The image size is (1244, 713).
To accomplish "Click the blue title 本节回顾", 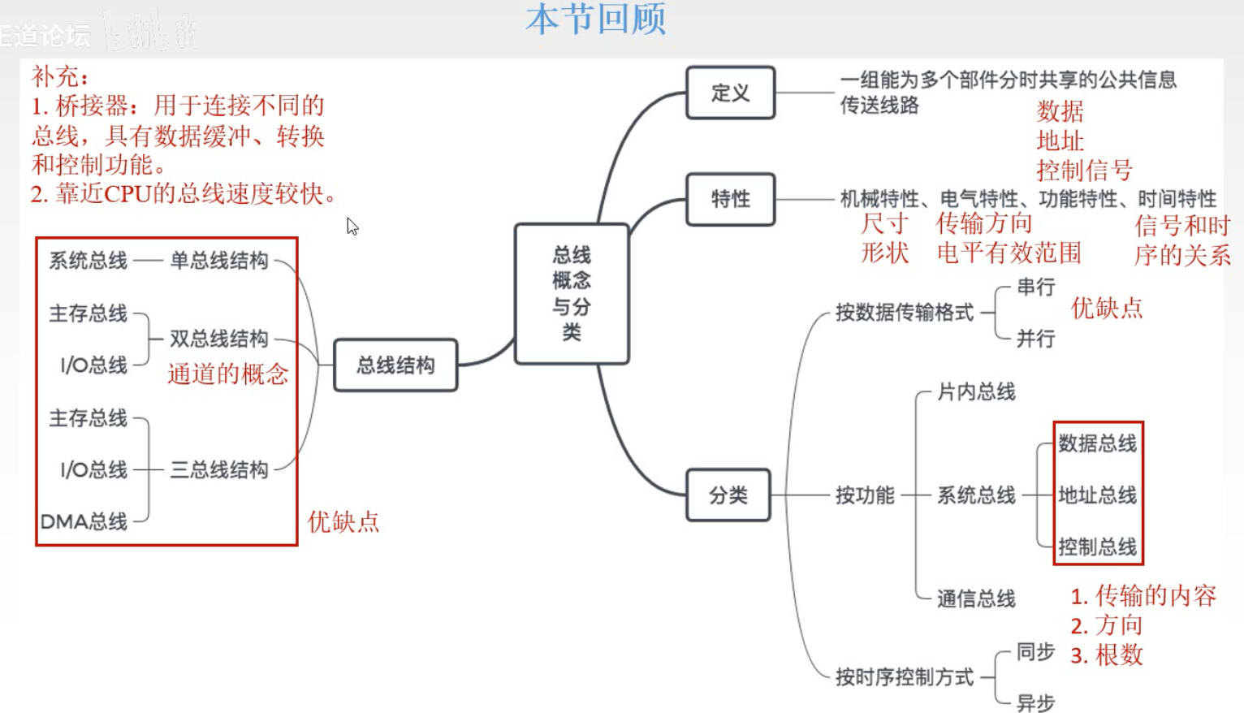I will pos(596,19).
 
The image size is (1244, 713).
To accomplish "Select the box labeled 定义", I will pos(730,93).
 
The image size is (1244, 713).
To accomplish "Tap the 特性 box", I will pos(730,199).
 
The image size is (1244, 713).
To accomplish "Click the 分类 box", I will pos(728,495).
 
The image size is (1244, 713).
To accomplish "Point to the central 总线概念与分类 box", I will pos(572,293).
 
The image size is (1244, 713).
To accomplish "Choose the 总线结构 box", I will pos(395,365).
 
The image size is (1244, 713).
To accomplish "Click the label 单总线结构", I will pos(218,261).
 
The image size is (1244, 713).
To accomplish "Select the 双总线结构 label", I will pos(218,339).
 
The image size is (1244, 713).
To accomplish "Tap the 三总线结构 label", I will pos(218,469).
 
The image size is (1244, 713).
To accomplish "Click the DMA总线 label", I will pos(84,521).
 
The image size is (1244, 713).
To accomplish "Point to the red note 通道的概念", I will pos(228,374).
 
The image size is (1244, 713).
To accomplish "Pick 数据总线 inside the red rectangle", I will pos(1097,443).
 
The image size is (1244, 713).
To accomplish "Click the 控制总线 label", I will pos(1097,547).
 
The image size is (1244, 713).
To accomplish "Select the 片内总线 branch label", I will pos(976,392).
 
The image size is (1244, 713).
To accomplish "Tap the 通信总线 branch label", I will pos(976,598).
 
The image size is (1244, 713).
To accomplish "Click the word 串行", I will pos(1035,287).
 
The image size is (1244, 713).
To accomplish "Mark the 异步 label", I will pos(1035,702).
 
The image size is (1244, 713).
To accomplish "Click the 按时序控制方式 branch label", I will pos(905,676).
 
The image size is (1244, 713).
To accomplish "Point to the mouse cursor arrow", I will pos(352,226).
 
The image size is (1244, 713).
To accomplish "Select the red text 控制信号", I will pos(1084,171).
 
